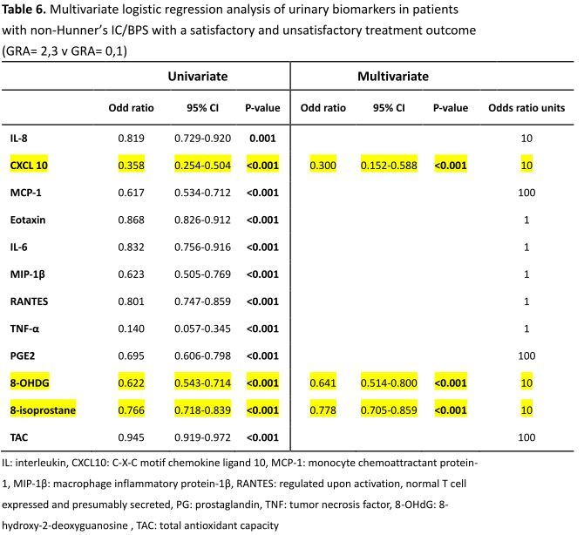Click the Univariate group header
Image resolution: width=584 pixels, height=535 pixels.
click(x=197, y=77)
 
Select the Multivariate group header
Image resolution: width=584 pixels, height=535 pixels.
click(x=393, y=77)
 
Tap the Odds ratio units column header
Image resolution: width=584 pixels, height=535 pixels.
click(x=526, y=108)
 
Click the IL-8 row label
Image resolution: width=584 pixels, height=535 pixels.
click(x=18, y=139)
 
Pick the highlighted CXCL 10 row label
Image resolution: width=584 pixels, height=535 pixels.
click(x=29, y=166)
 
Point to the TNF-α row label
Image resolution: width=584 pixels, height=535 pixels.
click(x=24, y=328)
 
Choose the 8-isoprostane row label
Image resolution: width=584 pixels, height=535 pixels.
click(x=43, y=410)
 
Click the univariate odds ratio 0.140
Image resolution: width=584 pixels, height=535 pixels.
click(x=131, y=328)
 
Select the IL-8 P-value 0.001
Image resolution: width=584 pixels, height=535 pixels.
click(x=262, y=139)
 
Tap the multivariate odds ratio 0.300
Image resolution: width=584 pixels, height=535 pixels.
click(x=323, y=166)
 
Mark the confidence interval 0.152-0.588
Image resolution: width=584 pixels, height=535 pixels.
click(x=389, y=166)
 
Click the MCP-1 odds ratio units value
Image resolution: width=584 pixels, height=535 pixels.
click(x=526, y=193)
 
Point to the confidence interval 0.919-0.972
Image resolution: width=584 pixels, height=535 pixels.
click(x=202, y=437)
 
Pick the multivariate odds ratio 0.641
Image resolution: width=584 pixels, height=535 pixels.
click(x=323, y=383)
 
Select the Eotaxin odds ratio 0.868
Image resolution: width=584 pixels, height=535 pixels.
click(x=131, y=220)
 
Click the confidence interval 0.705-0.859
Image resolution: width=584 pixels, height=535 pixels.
click(x=389, y=410)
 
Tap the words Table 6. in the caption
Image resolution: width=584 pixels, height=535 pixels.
click(x=24, y=10)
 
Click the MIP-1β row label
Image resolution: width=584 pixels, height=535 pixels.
click(x=28, y=274)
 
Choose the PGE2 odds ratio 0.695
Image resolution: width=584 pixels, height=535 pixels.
click(x=131, y=356)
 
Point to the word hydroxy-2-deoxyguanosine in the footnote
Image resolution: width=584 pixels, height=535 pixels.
click(x=65, y=525)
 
